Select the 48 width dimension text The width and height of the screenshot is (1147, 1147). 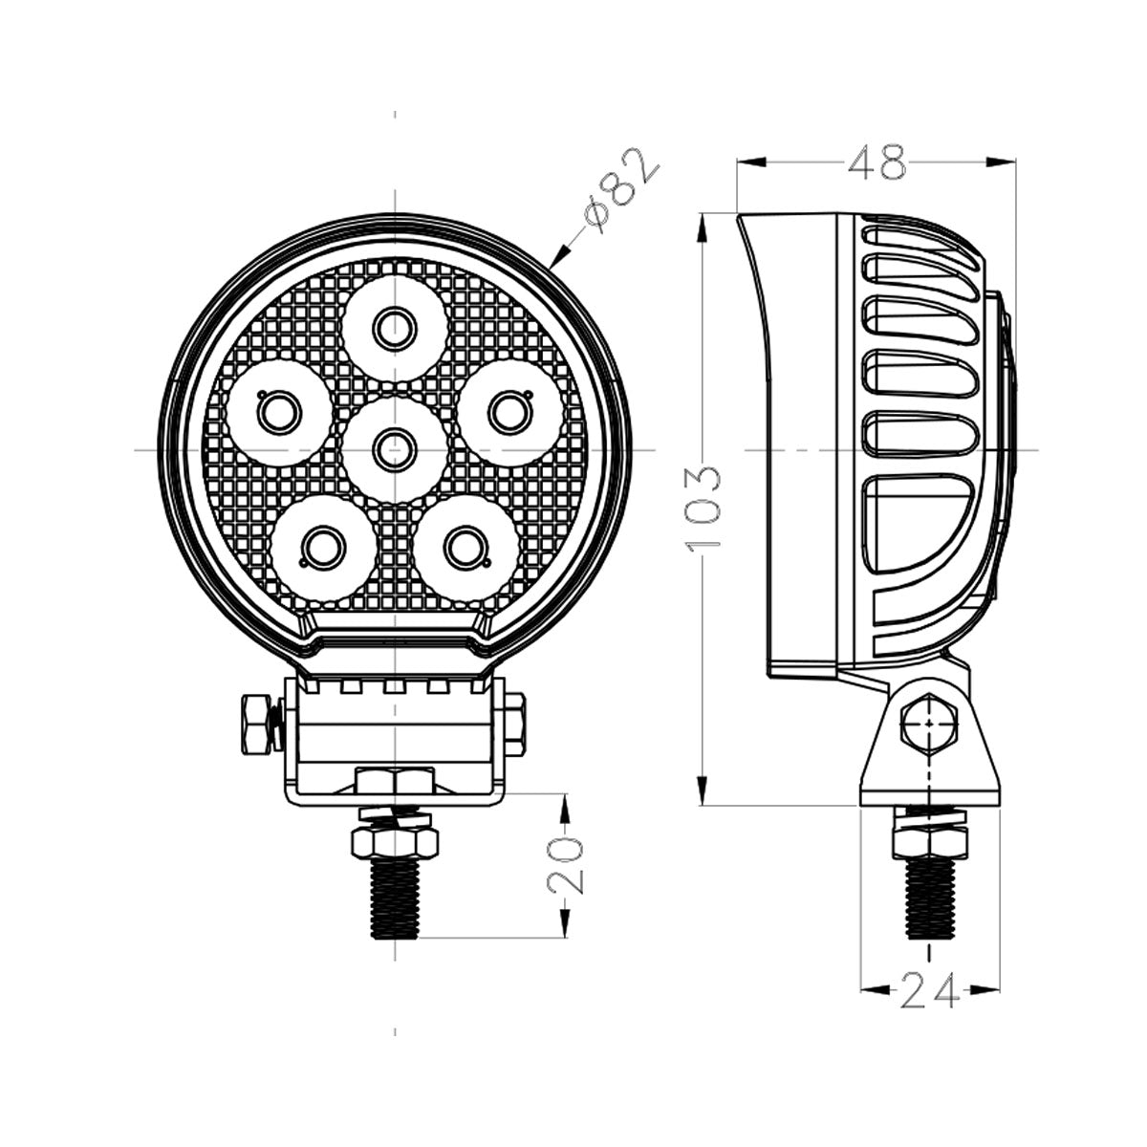(876, 163)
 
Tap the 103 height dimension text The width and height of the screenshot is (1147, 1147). (704, 509)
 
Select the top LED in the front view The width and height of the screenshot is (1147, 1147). (394, 330)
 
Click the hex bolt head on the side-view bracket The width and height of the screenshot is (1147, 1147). (929, 726)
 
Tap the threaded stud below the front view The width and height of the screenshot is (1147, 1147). (395, 898)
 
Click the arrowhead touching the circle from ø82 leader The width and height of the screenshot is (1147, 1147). (556, 257)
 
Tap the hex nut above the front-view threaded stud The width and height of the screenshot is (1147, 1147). (395, 841)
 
